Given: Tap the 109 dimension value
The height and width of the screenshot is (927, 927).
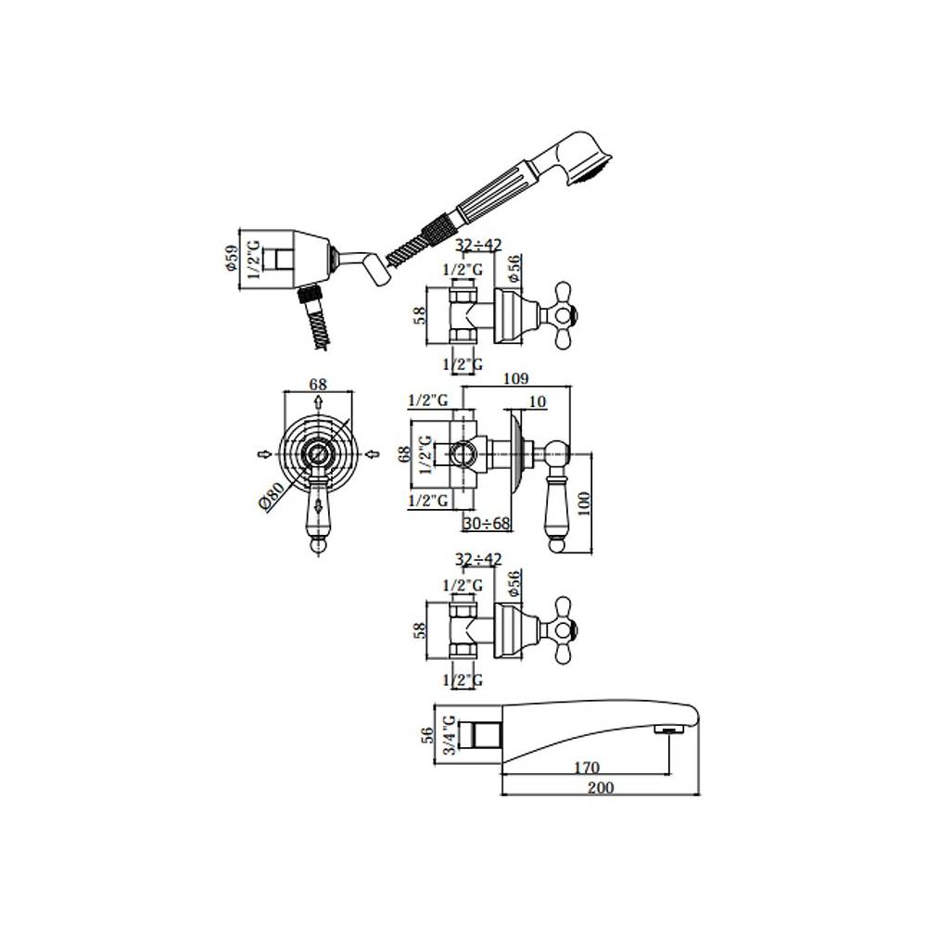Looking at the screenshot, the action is [x=515, y=378].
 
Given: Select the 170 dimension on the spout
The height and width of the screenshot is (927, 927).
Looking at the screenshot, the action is [x=587, y=768].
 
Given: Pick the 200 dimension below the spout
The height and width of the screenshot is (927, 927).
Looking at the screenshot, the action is [x=601, y=787].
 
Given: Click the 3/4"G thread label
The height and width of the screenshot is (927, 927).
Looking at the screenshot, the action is [x=450, y=735].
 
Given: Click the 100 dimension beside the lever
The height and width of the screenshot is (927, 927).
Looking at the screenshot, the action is [x=583, y=503].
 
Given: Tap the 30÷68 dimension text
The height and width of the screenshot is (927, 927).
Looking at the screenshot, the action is [x=486, y=523].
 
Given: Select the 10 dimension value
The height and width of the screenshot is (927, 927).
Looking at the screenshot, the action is [x=537, y=401].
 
